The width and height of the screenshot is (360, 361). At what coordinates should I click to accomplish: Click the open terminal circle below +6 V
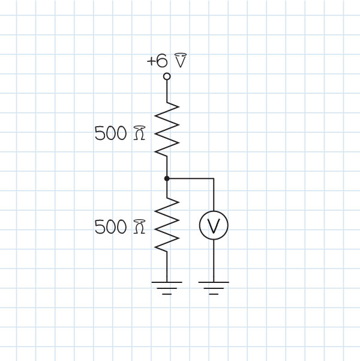pyautogui.click(x=167, y=76)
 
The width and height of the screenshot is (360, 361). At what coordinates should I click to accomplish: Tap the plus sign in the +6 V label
pyautogui.click(x=151, y=61)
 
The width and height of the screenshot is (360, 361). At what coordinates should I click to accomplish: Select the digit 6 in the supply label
pyautogui.click(x=162, y=61)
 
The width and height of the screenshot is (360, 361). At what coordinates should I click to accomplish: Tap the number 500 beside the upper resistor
pyautogui.click(x=111, y=133)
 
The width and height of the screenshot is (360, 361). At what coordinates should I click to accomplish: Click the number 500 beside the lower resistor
pyautogui.click(x=111, y=227)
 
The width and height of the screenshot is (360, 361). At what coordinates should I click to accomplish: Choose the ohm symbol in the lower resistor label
pyautogui.click(x=139, y=227)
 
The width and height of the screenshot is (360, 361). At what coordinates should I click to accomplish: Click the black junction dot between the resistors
pyautogui.click(x=167, y=178)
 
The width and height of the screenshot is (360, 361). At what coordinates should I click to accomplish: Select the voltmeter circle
pyautogui.click(x=214, y=225)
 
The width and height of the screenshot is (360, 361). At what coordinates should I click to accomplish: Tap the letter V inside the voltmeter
pyautogui.click(x=214, y=226)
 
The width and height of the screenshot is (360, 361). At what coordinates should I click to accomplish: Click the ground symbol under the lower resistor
pyautogui.click(x=167, y=287)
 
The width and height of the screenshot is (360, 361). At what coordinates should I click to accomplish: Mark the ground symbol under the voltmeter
pyautogui.click(x=214, y=287)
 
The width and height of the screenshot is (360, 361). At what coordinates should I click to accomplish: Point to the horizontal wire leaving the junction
pyautogui.click(x=191, y=178)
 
